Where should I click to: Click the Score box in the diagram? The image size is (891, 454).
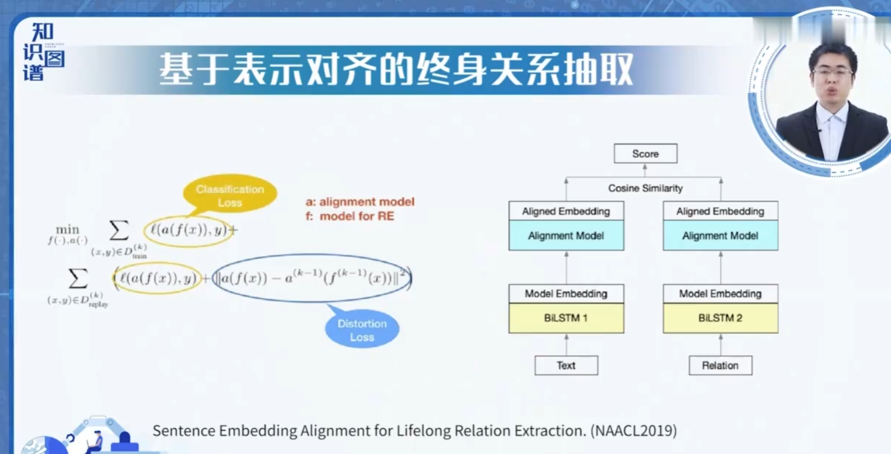click(645, 154)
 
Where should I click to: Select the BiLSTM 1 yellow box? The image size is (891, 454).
click(566, 318)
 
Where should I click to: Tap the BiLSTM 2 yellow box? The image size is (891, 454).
click(720, 318)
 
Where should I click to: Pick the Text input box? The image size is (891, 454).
click(566, 365)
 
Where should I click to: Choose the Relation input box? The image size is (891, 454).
click(720, 365)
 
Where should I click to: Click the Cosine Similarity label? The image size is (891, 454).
click(645, 188)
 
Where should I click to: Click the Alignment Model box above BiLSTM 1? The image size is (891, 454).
click(566, 236)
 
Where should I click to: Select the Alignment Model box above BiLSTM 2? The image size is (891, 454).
click(720, 236)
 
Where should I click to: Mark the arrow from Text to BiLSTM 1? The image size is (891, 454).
click(566, 344)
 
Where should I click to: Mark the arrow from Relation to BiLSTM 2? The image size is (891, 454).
click(720, 344)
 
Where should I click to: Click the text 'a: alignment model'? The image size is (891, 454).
click(360, 202)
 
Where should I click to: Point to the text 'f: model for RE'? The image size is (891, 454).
click(350, 216)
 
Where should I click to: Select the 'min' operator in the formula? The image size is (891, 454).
click(68, 230)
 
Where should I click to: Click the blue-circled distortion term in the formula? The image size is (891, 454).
click(313, 279)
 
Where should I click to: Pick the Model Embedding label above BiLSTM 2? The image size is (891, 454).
click(720, 294)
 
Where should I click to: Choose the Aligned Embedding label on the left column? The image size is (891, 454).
click(566, 211)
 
